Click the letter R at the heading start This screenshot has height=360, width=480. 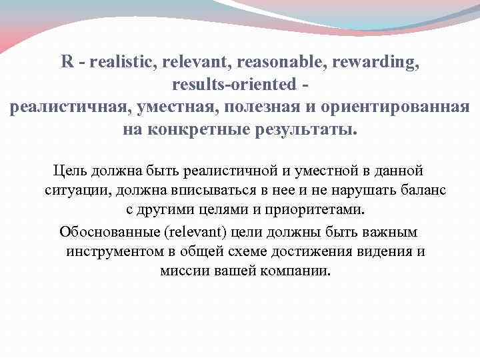[x=67, y=63]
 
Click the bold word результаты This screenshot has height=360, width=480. [x=303, y=130]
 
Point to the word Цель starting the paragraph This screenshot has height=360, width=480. [x=69, y=172]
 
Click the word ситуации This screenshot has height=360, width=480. [x=78, y=191]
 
